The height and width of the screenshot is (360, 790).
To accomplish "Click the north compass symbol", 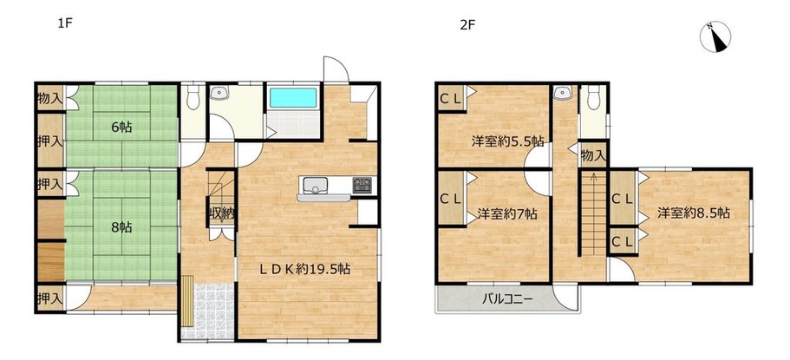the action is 715,36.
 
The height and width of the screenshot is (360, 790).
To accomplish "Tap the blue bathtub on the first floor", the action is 293,98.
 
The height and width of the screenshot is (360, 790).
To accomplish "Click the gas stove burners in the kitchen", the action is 362,185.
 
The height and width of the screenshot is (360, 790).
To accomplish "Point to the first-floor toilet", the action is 193,97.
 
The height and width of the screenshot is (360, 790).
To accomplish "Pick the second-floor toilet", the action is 593,97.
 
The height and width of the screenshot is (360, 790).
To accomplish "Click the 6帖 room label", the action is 121,127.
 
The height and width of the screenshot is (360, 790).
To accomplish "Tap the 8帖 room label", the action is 121,227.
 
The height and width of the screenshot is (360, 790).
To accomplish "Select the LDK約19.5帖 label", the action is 305,269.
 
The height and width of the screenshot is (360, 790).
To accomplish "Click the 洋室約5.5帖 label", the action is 507,141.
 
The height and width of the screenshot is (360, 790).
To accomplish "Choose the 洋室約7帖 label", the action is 507,213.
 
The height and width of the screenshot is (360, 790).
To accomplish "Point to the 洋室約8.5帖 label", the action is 693,213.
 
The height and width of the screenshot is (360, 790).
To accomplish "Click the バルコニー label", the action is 506,299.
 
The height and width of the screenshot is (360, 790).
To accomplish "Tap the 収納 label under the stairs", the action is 222,213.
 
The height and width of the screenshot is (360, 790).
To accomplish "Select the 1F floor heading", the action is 66,23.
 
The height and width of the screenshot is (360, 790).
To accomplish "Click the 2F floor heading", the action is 467,24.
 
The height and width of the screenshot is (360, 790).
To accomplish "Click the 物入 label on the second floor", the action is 593,156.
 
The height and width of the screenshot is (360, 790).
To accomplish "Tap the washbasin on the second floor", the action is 560,92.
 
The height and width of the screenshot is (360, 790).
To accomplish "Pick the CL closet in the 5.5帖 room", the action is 450,100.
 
